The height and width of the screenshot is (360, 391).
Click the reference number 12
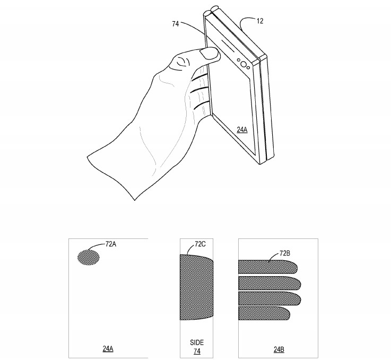coord(259,21)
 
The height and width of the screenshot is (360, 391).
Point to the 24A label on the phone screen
coord(242,129)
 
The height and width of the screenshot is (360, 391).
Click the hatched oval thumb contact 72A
coord(89,258)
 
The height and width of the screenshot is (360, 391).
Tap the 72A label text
coord(111,244)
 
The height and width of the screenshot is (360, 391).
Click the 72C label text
coord(200,244)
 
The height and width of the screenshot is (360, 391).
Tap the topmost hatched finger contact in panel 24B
coord(268,267)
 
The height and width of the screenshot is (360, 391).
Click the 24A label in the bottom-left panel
coord(107,349)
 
